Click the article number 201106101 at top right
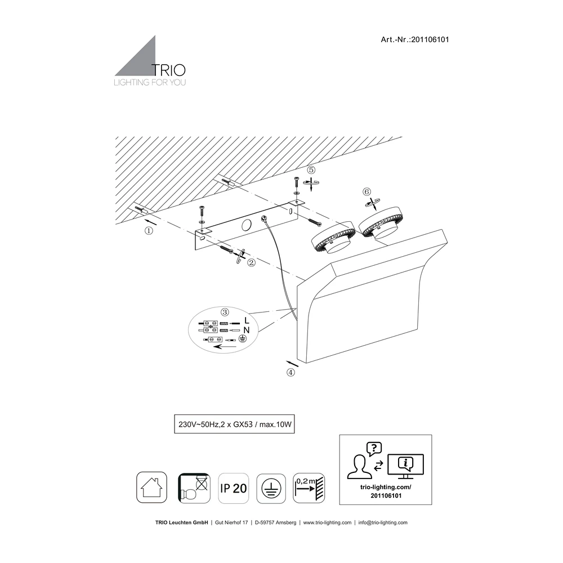(430, 40)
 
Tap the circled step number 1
(149, 231)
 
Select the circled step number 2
(251, 262)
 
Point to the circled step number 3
(225, 312)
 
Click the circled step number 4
(291, 373)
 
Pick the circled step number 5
(311, 170)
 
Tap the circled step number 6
(367, 192)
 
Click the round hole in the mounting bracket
(247, 226)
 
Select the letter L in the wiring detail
(247, 320)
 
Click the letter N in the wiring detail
(247, 330)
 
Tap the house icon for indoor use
(151, 487)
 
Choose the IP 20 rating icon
(234, 488)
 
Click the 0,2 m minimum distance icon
(309, 488)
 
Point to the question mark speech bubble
(374, 449)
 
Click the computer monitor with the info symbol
(406, 466)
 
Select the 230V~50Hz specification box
(234, 424)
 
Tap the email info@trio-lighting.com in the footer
(383, 522)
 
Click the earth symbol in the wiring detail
(243, 338)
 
